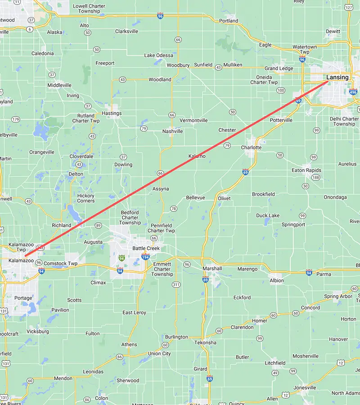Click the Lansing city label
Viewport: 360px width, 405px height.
(x=337, y=77)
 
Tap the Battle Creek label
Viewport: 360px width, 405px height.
(x=146, y=248)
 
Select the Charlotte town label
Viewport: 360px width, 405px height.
(x=251, y=148)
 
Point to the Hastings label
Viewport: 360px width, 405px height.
(x=112, y=113)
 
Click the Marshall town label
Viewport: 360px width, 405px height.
(x=212, y=269)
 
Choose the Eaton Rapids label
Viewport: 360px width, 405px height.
(x=306, y=171)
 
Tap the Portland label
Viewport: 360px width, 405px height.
(x=229, y=21)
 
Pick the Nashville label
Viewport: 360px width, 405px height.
(x=173, y=131)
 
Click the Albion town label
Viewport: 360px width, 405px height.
(x=277, y=280)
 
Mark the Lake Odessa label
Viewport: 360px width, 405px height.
(x=158, y=55)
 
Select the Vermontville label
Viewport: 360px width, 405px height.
(x=193, y=121)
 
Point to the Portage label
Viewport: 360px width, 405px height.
(x=23, y=298)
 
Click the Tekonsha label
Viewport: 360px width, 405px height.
(x=205, y=342)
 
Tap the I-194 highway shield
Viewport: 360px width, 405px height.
(x=145, y=256)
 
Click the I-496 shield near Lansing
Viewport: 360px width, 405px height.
(x=353, y=92)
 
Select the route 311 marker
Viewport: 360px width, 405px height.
(x=176, y=284)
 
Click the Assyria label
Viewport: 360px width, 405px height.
(x=161, y=189)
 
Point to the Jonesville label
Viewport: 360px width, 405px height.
(x=305, y=387)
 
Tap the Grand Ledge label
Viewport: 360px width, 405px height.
(x=279, y=68)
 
